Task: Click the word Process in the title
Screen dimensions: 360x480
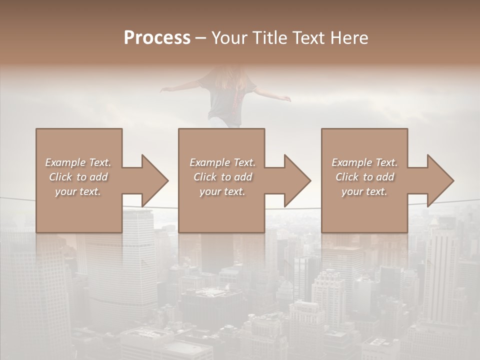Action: pyautogui.click(x=157, y=38)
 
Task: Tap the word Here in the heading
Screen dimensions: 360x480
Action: pyautogui.click(x=349, y=38)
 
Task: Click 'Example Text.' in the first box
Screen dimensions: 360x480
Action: pyautogui.click(x=78, y=162)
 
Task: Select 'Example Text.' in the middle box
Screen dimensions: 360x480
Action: pyautogui.click(x=222, y=162)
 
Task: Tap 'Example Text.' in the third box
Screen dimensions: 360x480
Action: pyautogui.click(x=364, y=162)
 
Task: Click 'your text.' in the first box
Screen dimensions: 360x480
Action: pyautogui.click(x=78, y=191)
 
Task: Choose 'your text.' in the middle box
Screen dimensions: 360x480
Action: pyautogui.click(x=222, y=191)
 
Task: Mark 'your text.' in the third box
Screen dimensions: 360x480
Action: pyautogui.click(x=364, y=191)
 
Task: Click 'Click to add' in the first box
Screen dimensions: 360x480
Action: pyautogui.click(x=78, y=177)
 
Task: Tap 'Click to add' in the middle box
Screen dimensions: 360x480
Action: pyautogui.click(x=222, y=177)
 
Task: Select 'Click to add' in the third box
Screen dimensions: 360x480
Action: pyautogui.click(x=364, y=177)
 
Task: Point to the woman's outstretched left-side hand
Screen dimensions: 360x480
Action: pyautogui.click(x=165, y=90)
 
